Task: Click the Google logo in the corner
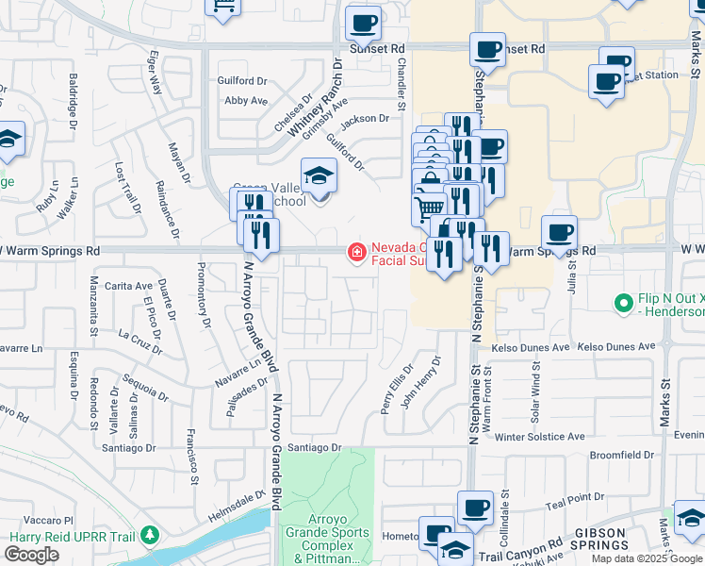[31, 555]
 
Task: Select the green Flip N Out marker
[622, 304]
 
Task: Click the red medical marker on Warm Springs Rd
[357, 252]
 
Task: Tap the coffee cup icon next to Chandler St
[363, 24]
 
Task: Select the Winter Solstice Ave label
[540, 438]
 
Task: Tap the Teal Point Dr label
[573, 497]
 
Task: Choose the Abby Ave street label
[246, 101]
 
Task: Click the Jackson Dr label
[365, 119]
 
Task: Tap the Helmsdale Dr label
[236, 501]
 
